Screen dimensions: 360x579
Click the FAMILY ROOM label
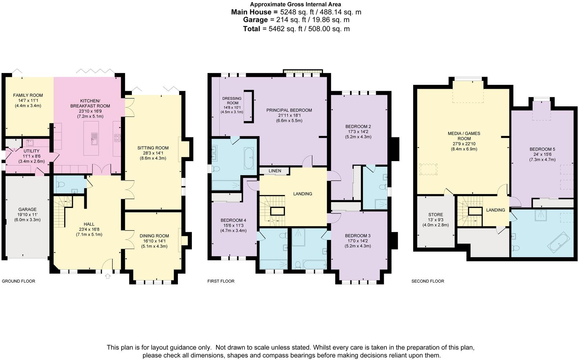coord(28,95)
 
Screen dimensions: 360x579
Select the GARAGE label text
coord(27,209)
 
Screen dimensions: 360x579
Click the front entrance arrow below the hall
coord(107,276)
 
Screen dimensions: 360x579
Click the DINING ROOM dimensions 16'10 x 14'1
coord(154,241)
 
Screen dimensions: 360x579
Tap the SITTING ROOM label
coord(153,148)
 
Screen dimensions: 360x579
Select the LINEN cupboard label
coord(275,171)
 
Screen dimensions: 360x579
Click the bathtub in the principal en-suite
coord(249,158)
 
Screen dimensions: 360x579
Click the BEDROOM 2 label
coord(358,126)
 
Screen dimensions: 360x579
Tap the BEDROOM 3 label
coord(358,236)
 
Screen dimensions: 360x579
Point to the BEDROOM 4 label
coord(233,220)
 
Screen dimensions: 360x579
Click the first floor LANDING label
coord(303,194)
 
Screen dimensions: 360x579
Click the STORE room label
coord(435,215)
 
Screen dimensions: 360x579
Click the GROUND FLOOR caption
coord(19,281)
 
